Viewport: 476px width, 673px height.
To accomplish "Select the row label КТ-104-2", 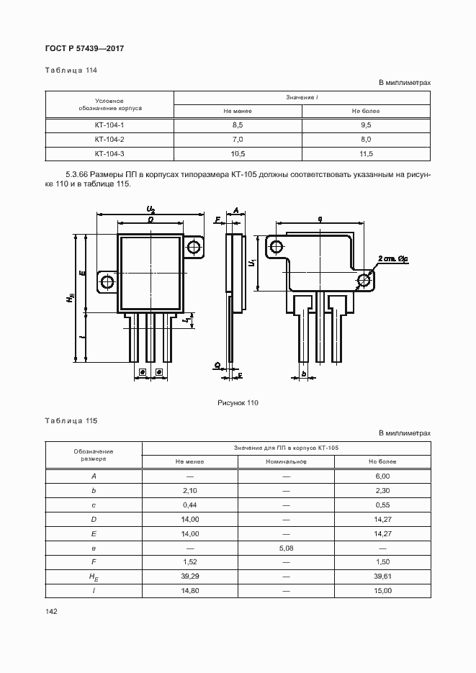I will [109, 139].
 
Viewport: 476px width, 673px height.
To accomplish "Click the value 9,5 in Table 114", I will [366, 125].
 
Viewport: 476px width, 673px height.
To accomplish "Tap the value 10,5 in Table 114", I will [238, 154].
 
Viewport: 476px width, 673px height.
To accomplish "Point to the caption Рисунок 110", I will [238, 403].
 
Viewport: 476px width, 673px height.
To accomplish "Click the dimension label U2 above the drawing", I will [151, 209].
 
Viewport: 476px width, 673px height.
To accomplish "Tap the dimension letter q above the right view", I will [318, 218].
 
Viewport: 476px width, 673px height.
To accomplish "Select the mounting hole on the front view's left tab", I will [107, 281].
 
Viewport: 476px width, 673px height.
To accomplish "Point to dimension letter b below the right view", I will [305, 374].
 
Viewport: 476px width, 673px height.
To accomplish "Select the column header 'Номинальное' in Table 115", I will [286, 461].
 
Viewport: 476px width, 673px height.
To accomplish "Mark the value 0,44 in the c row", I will [189, 505].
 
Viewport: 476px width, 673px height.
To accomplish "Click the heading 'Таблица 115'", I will [71, 420].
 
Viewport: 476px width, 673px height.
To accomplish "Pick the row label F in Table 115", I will [94, 562].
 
